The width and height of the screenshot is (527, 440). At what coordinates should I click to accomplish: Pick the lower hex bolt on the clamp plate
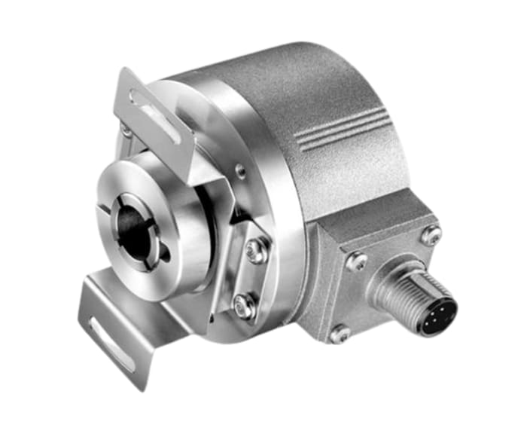(x=243, y=305)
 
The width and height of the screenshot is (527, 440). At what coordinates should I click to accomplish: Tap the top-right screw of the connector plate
(x=431, y=234)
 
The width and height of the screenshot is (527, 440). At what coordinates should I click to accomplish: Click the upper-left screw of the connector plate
(x=355, y=261)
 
